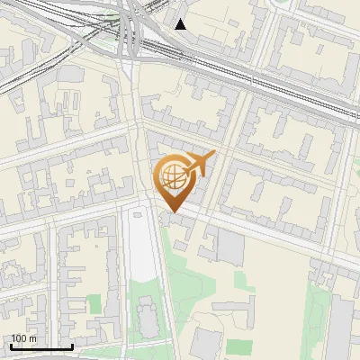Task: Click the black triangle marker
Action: (x=181, y=24)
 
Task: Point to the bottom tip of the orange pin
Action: (x=172, y=212)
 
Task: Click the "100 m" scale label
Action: (x=23, y=338)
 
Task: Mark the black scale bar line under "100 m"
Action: (x=41, y=346)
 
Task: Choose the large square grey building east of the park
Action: (x=230, y=247)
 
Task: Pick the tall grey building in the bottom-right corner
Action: (x=341, y=324)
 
